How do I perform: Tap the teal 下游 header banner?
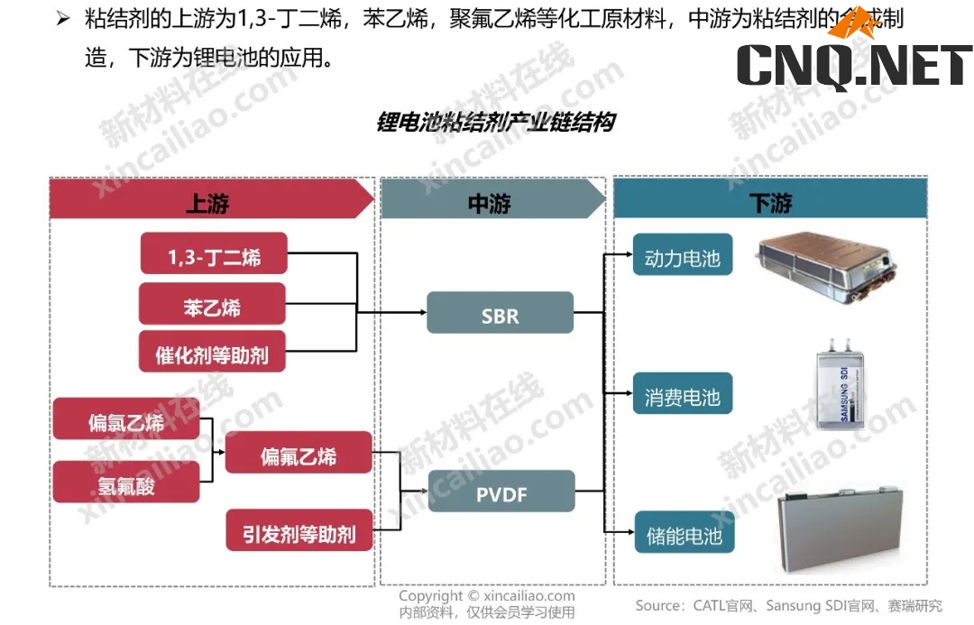pos(770,200)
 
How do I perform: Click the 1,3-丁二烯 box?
pos(214,255)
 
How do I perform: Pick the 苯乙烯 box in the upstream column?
pos(212,305)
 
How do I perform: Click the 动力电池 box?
pos(683,256)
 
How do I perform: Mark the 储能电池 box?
pos(683,534)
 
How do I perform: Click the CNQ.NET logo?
pos(852,63)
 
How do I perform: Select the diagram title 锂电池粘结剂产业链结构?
pos(495,122)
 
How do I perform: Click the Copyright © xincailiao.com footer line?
pos(486,596)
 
